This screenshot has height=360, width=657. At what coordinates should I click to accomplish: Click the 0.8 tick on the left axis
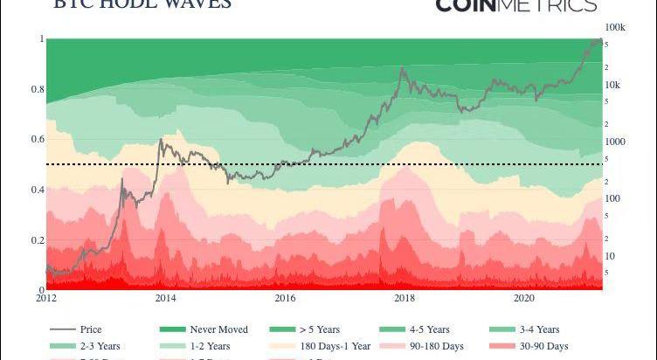[37, 90]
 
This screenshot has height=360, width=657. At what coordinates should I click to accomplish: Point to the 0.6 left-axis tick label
[37, 140]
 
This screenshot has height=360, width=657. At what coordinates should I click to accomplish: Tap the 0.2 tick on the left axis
[37, 240]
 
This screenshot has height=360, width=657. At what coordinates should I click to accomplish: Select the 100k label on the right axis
[615, 28]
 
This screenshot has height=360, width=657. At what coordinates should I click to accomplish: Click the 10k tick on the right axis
[612, 85]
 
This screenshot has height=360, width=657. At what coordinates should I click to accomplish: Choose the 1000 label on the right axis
[615, 142]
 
